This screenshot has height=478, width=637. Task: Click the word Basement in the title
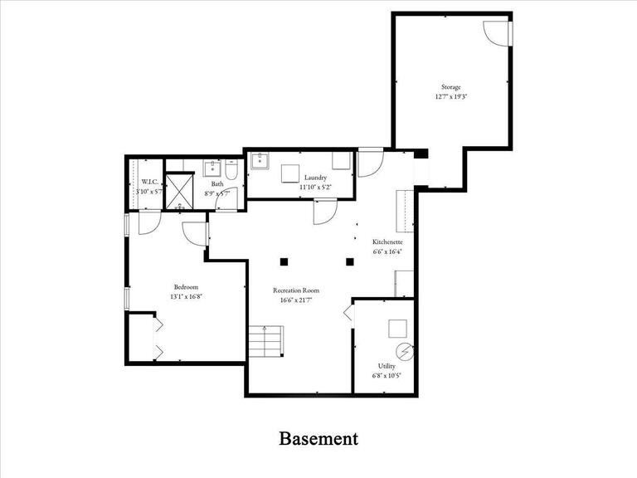(x=318, y=438)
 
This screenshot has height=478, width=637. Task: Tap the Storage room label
(x=450, y=87)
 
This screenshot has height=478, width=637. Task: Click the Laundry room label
(x=315, y=178)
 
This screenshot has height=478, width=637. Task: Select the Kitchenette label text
(x=387, y=241)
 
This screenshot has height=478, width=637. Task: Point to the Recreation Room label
(x=296, y=290)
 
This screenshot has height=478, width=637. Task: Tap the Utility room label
(x=387, y=365)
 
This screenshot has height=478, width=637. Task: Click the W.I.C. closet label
(x=149, y=182)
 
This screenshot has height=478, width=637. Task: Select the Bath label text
(x=217, y=184)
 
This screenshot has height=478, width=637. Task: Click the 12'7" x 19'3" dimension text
(x=450, y=97)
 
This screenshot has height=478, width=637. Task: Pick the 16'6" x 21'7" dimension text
(x=296, y=300)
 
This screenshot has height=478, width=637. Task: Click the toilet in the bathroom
(x=233, y=173)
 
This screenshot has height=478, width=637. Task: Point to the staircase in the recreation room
(x=265, y=340)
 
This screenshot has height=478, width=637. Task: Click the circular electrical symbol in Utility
(x=404, y=351)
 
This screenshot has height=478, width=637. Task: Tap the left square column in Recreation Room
(x=284, y=261)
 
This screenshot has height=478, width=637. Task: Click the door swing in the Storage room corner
(x=498, y=33)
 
